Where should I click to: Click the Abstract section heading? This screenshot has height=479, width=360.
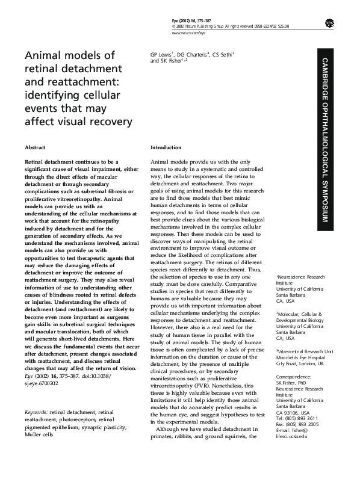34,147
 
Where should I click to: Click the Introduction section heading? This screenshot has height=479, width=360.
166,147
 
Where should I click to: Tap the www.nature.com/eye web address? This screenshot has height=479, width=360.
185,32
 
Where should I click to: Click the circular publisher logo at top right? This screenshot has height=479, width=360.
329,23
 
